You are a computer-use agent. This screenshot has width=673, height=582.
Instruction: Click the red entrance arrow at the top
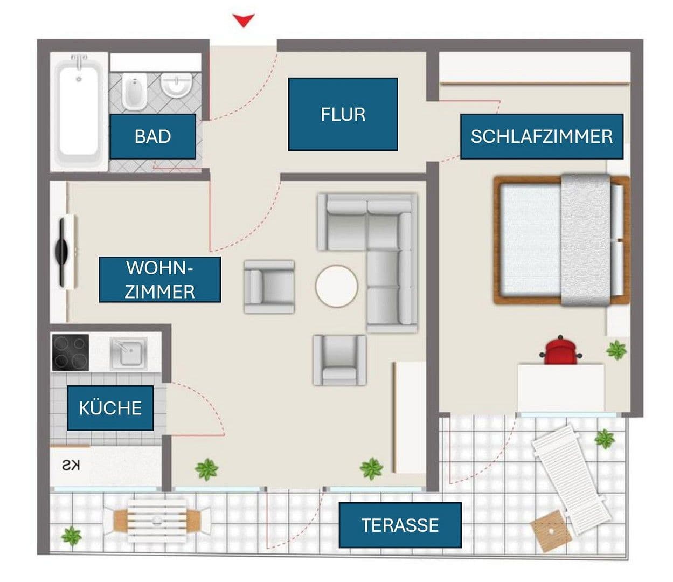[244, 21]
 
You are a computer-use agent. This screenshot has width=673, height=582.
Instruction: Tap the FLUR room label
[343, 114]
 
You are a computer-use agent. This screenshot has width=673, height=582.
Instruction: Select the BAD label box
[152, 136]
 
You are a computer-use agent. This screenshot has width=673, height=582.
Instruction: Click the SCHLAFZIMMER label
[542, 136]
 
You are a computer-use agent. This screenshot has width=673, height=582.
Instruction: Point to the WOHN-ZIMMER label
[159, 280]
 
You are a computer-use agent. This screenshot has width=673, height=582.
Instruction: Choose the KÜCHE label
[110, 408]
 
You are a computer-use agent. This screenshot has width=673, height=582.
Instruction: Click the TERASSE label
[400, 525]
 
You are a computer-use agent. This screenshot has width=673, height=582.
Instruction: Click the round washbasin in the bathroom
[177, 86]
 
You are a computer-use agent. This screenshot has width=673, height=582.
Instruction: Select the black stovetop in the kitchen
[71, 352]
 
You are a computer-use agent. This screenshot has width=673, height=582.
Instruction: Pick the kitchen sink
[128, 354]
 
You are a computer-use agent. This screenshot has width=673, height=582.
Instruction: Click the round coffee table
[336, 286]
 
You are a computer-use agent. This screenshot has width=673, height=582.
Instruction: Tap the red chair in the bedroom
[560, 351]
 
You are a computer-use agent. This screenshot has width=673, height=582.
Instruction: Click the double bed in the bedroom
[560, 240]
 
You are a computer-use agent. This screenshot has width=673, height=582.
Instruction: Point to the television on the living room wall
[66, 252]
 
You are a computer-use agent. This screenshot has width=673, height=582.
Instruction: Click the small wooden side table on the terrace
[550, 529]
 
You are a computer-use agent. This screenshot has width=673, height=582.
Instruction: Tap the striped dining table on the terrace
[157, 521]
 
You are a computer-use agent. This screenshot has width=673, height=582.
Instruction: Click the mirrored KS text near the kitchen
[71, 466]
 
